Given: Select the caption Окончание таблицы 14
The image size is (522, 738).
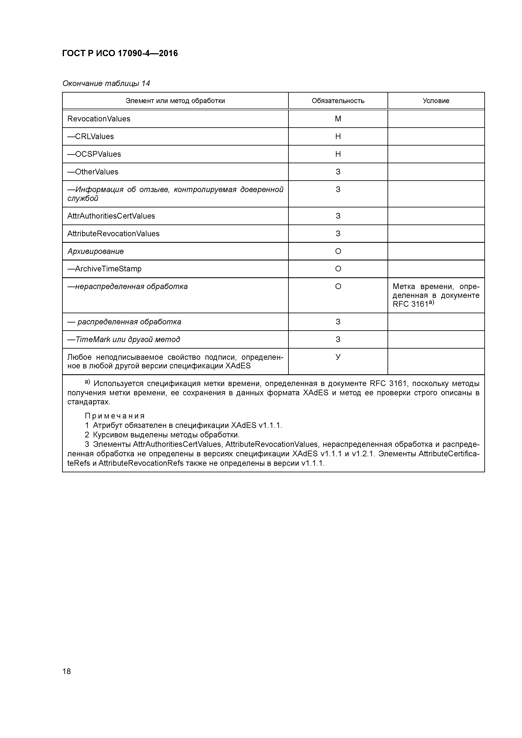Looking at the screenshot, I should point(106,84).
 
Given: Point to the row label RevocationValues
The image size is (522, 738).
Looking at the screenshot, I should point(99,119).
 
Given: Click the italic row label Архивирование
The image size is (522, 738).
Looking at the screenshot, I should point(96,251).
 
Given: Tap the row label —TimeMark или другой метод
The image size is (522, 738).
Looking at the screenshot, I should point(124,340).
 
